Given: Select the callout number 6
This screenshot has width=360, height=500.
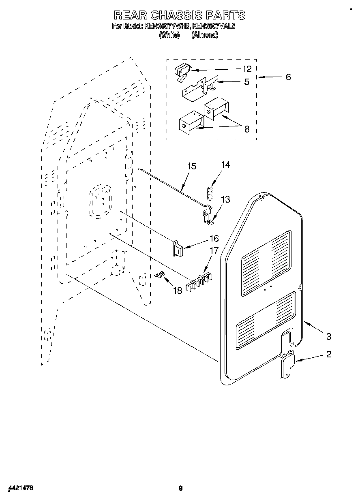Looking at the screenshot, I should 288,77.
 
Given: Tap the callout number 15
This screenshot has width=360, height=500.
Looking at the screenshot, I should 192,166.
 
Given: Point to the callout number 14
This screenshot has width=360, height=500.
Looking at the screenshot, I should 225,165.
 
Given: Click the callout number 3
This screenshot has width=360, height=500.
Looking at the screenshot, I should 328,336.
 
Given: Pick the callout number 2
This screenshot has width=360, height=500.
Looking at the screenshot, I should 328,355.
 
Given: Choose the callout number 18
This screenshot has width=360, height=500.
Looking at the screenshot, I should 178,290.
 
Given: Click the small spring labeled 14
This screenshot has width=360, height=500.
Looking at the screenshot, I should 210,193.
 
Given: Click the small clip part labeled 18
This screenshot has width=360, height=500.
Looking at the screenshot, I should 161,275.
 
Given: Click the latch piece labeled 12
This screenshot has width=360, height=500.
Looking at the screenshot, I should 181,73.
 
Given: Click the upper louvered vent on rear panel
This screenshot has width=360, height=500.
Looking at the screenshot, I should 266,262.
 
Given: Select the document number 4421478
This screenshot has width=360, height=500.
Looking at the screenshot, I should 20,488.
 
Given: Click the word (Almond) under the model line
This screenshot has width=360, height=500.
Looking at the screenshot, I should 205,35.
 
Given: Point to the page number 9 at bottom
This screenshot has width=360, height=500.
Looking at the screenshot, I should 181,488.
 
